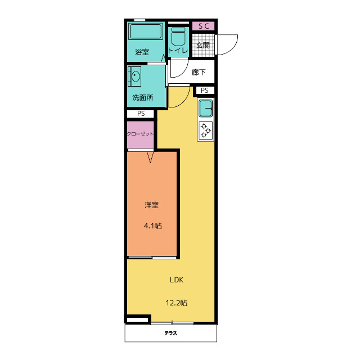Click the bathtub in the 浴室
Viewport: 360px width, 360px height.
(x=146, y=31)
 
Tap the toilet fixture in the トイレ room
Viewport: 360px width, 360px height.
(x=178, y=37)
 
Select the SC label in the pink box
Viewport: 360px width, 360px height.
(x=204, y=26)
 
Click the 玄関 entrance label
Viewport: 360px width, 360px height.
(x=203, y=45)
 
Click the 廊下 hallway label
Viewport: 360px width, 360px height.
(x=199, y=73)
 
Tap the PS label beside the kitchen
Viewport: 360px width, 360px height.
(x=205, y=91)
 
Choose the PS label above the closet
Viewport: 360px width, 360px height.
(x=141, y=114)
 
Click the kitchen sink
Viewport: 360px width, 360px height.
(x=206, y=108)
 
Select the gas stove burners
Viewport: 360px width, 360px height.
(x=206, y=130)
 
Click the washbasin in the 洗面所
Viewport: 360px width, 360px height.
(x=135, y=76)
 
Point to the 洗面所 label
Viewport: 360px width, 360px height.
(x=143, y=97)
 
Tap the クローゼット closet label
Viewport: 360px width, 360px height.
(x=140, y=134)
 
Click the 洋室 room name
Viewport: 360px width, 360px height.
(x=151, y=205)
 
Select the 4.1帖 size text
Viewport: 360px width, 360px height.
(x=153, y=226)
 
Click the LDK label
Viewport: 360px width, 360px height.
(x=177, y=280)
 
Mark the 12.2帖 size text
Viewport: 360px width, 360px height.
(x=177, y=303)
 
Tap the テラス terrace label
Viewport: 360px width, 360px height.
(x=171, y=333)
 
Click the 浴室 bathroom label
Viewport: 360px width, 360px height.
(x=142, y=52)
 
